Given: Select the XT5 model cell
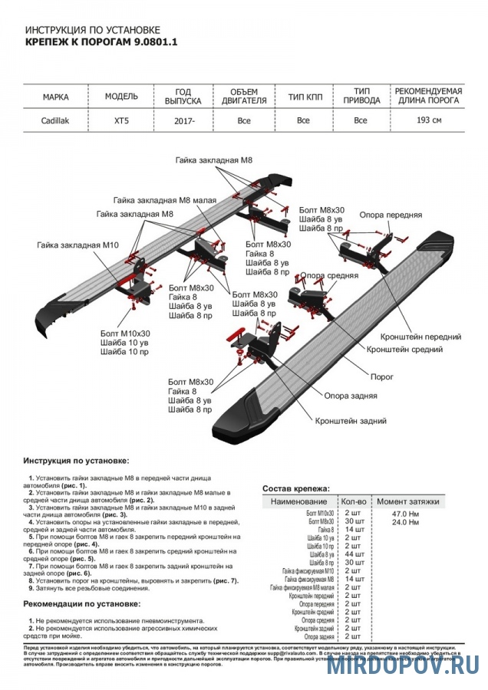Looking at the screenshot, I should click(x=121, y=120).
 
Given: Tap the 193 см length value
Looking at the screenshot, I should click(x=428, y=120).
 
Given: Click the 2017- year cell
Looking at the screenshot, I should click(x=183, y=120).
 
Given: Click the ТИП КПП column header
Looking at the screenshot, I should click(x=303, y=97).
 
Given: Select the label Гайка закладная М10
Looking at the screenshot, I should click(x=77, y=245).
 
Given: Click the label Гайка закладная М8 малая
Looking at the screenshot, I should click(x=164, y=199).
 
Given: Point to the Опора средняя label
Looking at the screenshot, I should click(x=329, y=274).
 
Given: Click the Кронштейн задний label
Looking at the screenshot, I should click(x=350, y=421).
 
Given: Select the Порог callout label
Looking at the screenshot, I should click(x=382, y=377).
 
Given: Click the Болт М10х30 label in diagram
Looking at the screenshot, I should click(x=125, y=333).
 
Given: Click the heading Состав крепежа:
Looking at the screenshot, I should click(x=295, y=488).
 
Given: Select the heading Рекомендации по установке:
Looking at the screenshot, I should click(x=81, y=604).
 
